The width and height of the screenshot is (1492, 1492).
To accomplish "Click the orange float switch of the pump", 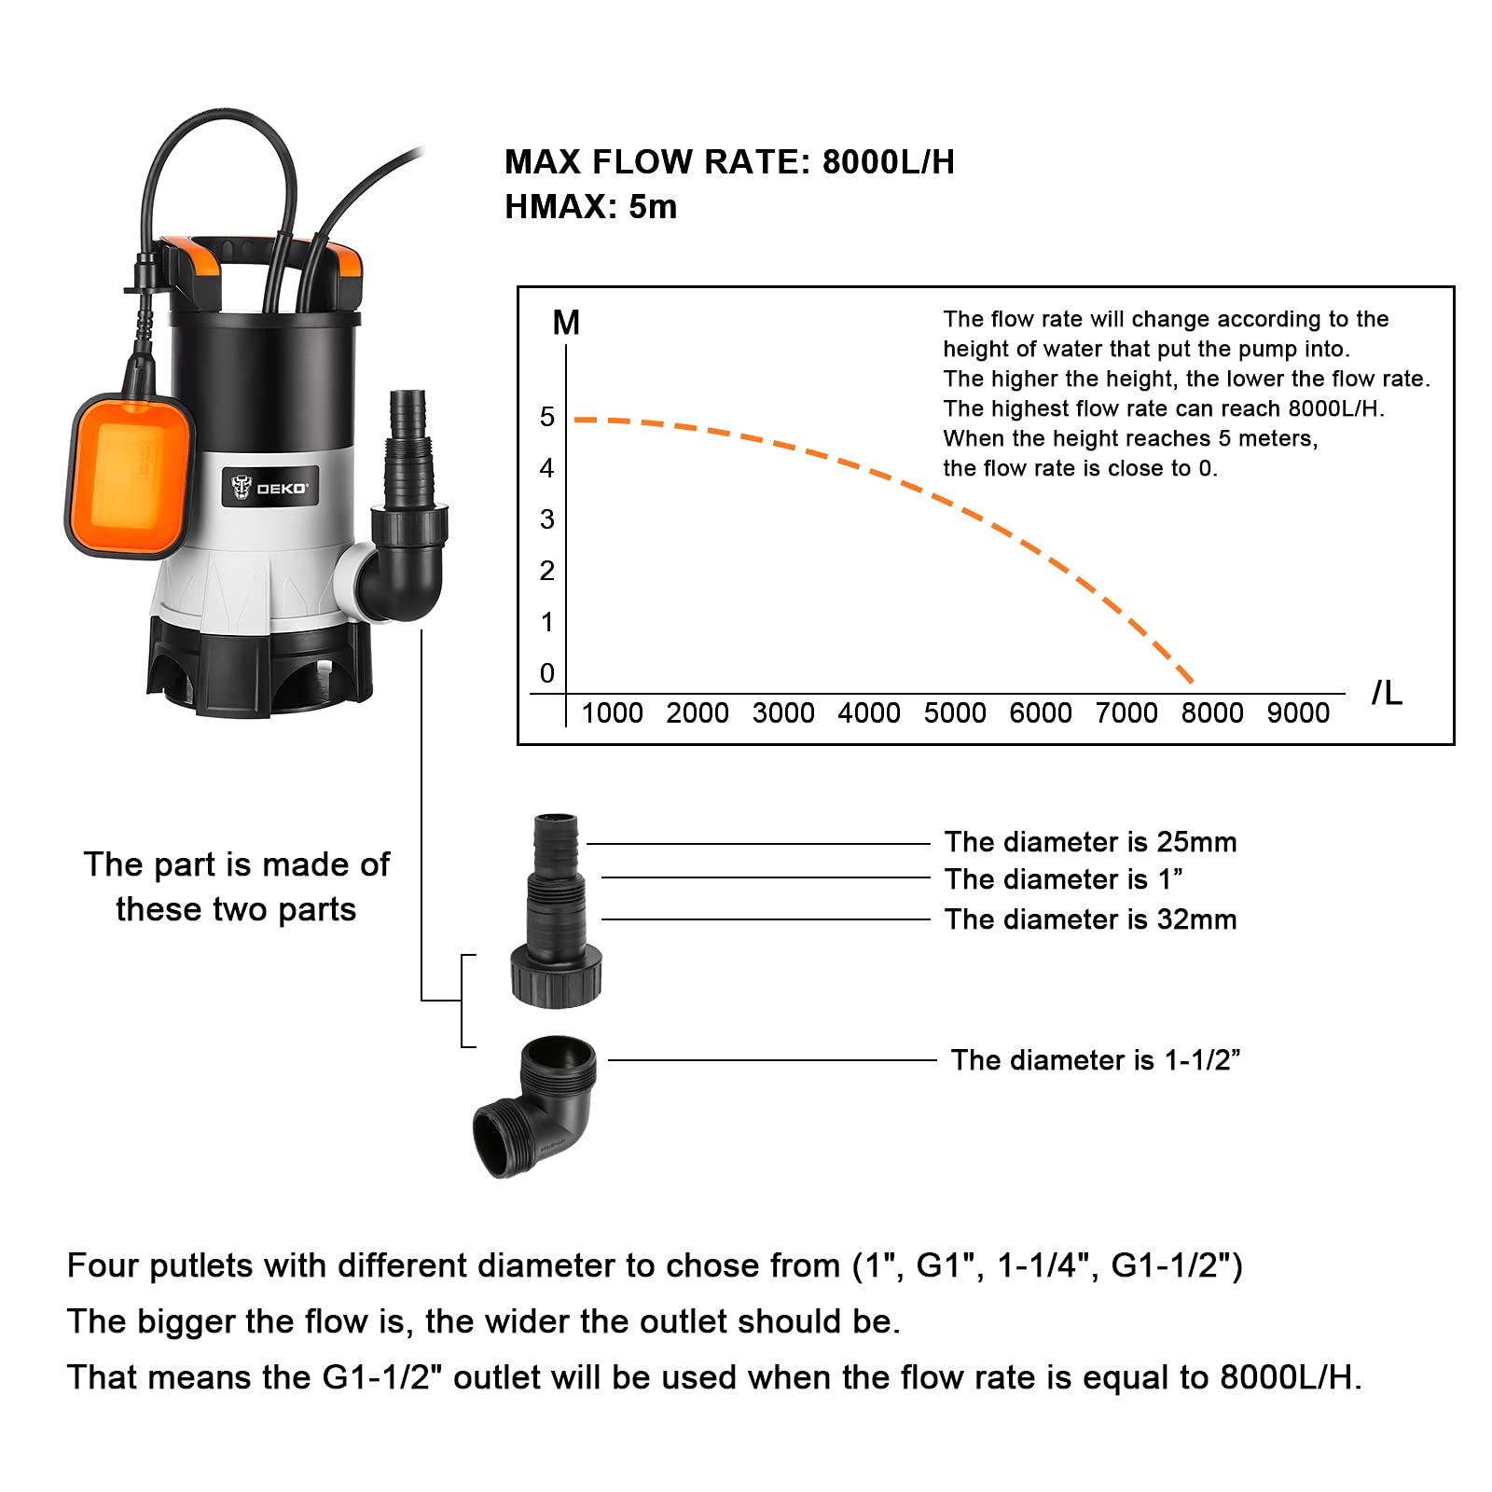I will [131, 476].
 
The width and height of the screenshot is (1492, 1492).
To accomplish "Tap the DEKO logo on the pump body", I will [269, 487].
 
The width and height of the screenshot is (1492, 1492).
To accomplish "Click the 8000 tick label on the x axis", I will [1211, 713].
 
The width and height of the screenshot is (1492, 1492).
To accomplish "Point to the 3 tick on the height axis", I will [547, 519].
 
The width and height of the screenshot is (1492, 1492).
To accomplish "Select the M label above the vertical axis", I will [566, 323].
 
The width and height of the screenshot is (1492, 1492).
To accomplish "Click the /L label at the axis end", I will [1387, 693].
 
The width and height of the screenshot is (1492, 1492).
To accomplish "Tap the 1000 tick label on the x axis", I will [612, 713].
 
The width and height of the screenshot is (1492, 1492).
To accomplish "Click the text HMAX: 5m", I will [590, 207].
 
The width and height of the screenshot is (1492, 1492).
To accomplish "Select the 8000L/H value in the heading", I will [888, 162].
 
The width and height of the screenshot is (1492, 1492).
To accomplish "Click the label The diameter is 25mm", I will [1090, 842].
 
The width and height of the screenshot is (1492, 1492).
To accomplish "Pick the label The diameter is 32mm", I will [1090, 919].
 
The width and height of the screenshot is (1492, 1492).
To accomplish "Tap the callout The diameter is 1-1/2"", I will [1095, 1060].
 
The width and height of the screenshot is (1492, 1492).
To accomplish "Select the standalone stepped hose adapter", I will [556, 914].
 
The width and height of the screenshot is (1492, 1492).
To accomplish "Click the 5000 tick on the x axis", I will [954, 713].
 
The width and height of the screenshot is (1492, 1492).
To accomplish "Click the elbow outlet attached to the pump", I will [406, 559].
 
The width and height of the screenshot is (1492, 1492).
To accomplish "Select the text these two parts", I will [236, 909].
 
